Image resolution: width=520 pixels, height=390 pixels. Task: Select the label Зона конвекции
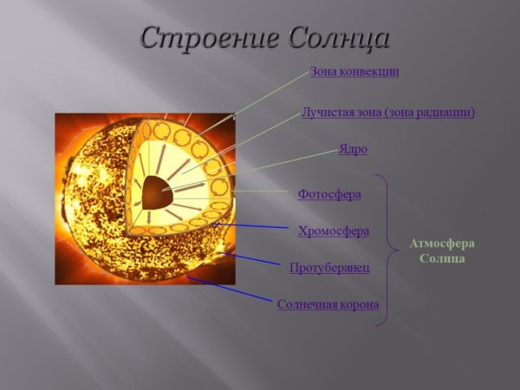pos(354,72)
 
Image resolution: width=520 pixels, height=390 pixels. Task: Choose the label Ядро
pos(353,149)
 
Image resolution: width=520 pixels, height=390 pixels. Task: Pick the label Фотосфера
pos(328,194)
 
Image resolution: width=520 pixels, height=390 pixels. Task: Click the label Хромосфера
pos(333,231)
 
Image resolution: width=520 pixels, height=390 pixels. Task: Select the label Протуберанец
pos(328,268)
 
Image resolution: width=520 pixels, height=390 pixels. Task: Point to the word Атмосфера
pos(443,244)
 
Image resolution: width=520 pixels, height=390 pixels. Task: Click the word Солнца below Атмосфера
pos(443,258)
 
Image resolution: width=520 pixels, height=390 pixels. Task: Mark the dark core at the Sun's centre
pos(157,192)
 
